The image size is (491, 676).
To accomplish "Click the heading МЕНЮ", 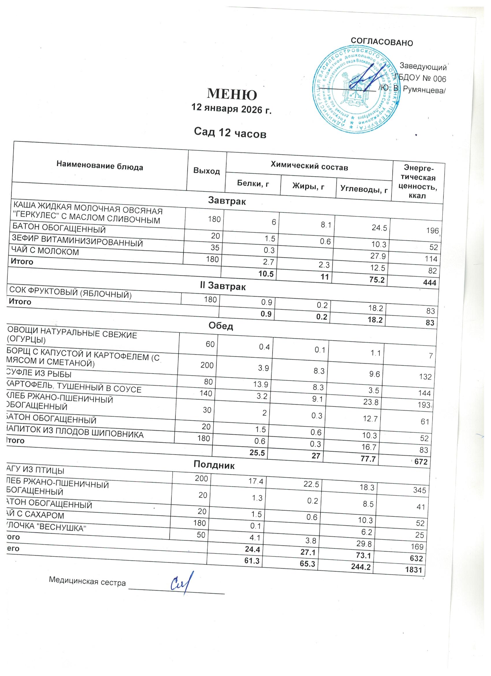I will point(232,94).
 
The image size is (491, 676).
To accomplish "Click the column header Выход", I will point(207,171).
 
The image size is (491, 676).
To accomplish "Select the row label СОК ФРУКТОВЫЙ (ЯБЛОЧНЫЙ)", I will point(70,292).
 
